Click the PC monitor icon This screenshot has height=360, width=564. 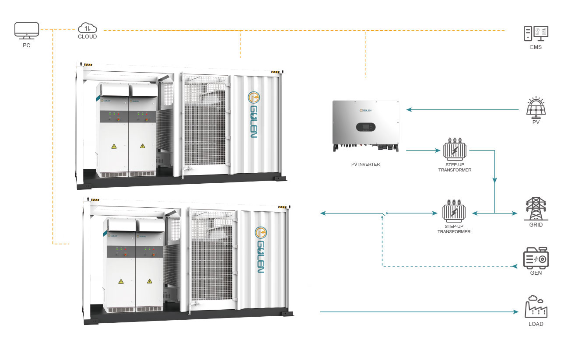coord(26,31)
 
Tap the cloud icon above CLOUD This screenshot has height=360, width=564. coord(88,28)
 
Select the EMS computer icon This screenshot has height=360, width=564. coord(536,33)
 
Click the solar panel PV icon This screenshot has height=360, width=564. coord(536,108)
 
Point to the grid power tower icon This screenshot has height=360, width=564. coord(536,209)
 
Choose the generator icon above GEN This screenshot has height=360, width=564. coord(536,258)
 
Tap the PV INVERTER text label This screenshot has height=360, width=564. coord(365,164)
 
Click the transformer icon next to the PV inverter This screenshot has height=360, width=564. coord(455,149)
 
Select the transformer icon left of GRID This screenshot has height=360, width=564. coord(454,211)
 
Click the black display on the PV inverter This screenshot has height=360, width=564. coord(366,127)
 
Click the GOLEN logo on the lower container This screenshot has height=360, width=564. coord(261,250)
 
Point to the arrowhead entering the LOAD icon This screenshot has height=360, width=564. coord(516,312)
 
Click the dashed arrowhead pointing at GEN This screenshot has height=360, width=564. coord(515,266)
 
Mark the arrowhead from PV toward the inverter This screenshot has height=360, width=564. coord(409,110)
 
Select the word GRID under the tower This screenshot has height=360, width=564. coord(536,225)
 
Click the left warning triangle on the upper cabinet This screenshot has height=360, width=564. coord(114,146)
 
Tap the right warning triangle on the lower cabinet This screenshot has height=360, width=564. coord(150,281)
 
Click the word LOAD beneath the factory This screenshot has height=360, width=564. coord(536,324)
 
